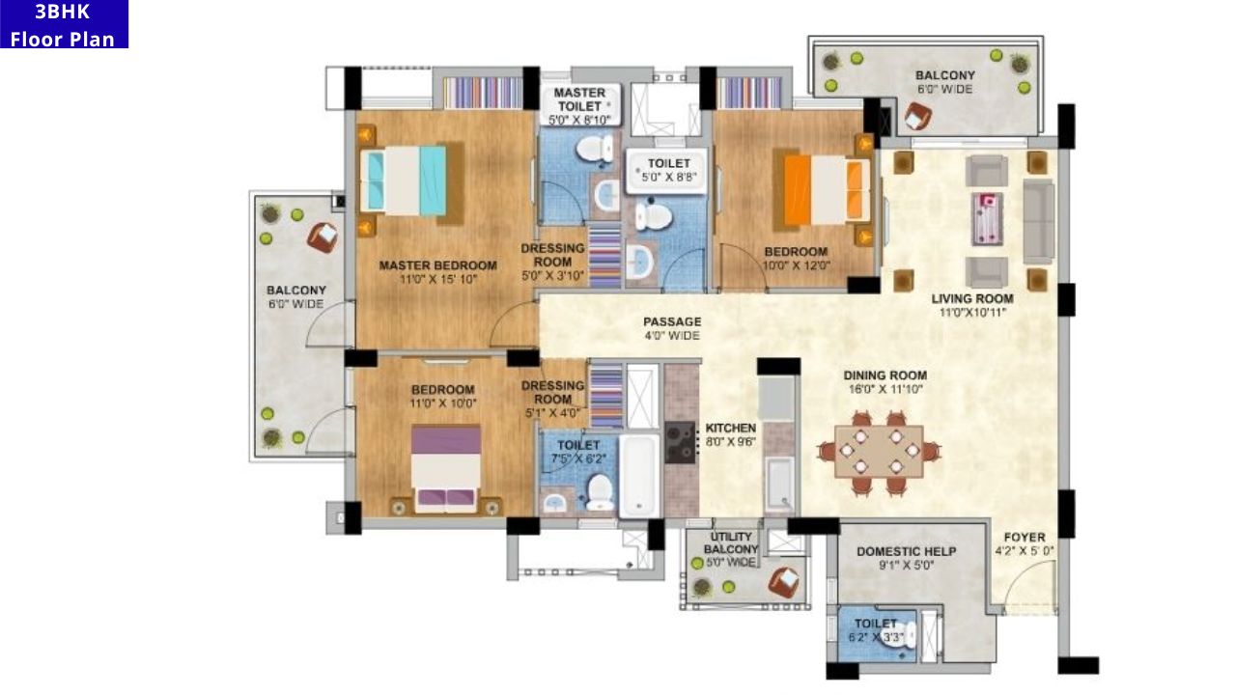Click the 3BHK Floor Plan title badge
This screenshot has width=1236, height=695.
[64, 24]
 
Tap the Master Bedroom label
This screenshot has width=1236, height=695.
[437, 265]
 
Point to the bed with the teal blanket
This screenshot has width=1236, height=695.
[405, 180]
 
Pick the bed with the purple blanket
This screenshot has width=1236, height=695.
[445, 469]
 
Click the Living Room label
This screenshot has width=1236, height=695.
[971, 298]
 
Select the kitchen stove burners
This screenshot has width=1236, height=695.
[681, 442]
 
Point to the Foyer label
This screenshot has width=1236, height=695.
[1025, 538]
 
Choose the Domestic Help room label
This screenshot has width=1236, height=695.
[907, 551]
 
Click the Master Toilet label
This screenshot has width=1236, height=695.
[579, 99]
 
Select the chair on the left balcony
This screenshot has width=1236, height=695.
[323, 236]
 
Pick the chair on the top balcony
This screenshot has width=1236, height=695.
[917, 117]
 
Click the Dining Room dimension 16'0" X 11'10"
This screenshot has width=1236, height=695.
[885, 389]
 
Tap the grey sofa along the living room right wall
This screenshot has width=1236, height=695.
[1038, 220]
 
